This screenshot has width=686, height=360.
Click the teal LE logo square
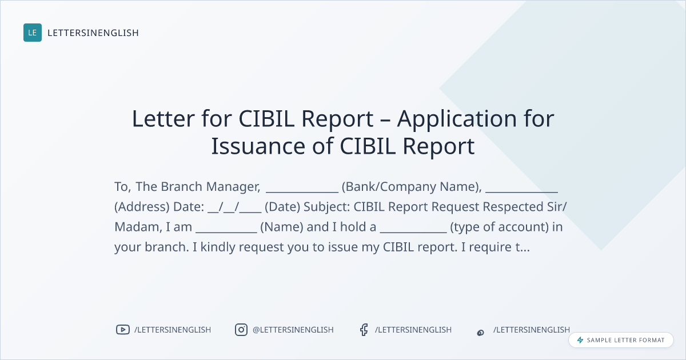[33, 33]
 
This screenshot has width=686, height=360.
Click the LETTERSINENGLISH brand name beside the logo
[93, 33]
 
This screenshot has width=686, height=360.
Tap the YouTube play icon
[123, 330]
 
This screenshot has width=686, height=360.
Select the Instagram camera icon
[241, 330]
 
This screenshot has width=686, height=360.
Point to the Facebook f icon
[364, 330]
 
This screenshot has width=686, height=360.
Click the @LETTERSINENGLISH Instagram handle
[293, 330]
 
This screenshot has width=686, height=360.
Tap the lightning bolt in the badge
[580, 340]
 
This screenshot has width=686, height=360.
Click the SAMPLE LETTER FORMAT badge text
[625, 340]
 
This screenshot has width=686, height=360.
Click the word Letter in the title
[163, 118]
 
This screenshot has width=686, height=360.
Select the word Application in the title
[457, 119]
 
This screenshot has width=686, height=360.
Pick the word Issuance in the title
[258, 146]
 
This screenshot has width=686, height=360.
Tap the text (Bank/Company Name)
[410, 187]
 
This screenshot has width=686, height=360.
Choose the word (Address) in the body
[142, 207]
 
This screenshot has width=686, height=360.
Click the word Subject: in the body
[327, 207]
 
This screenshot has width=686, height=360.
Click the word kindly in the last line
[218, 247]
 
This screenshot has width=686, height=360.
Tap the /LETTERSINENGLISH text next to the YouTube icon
[173, 330]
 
